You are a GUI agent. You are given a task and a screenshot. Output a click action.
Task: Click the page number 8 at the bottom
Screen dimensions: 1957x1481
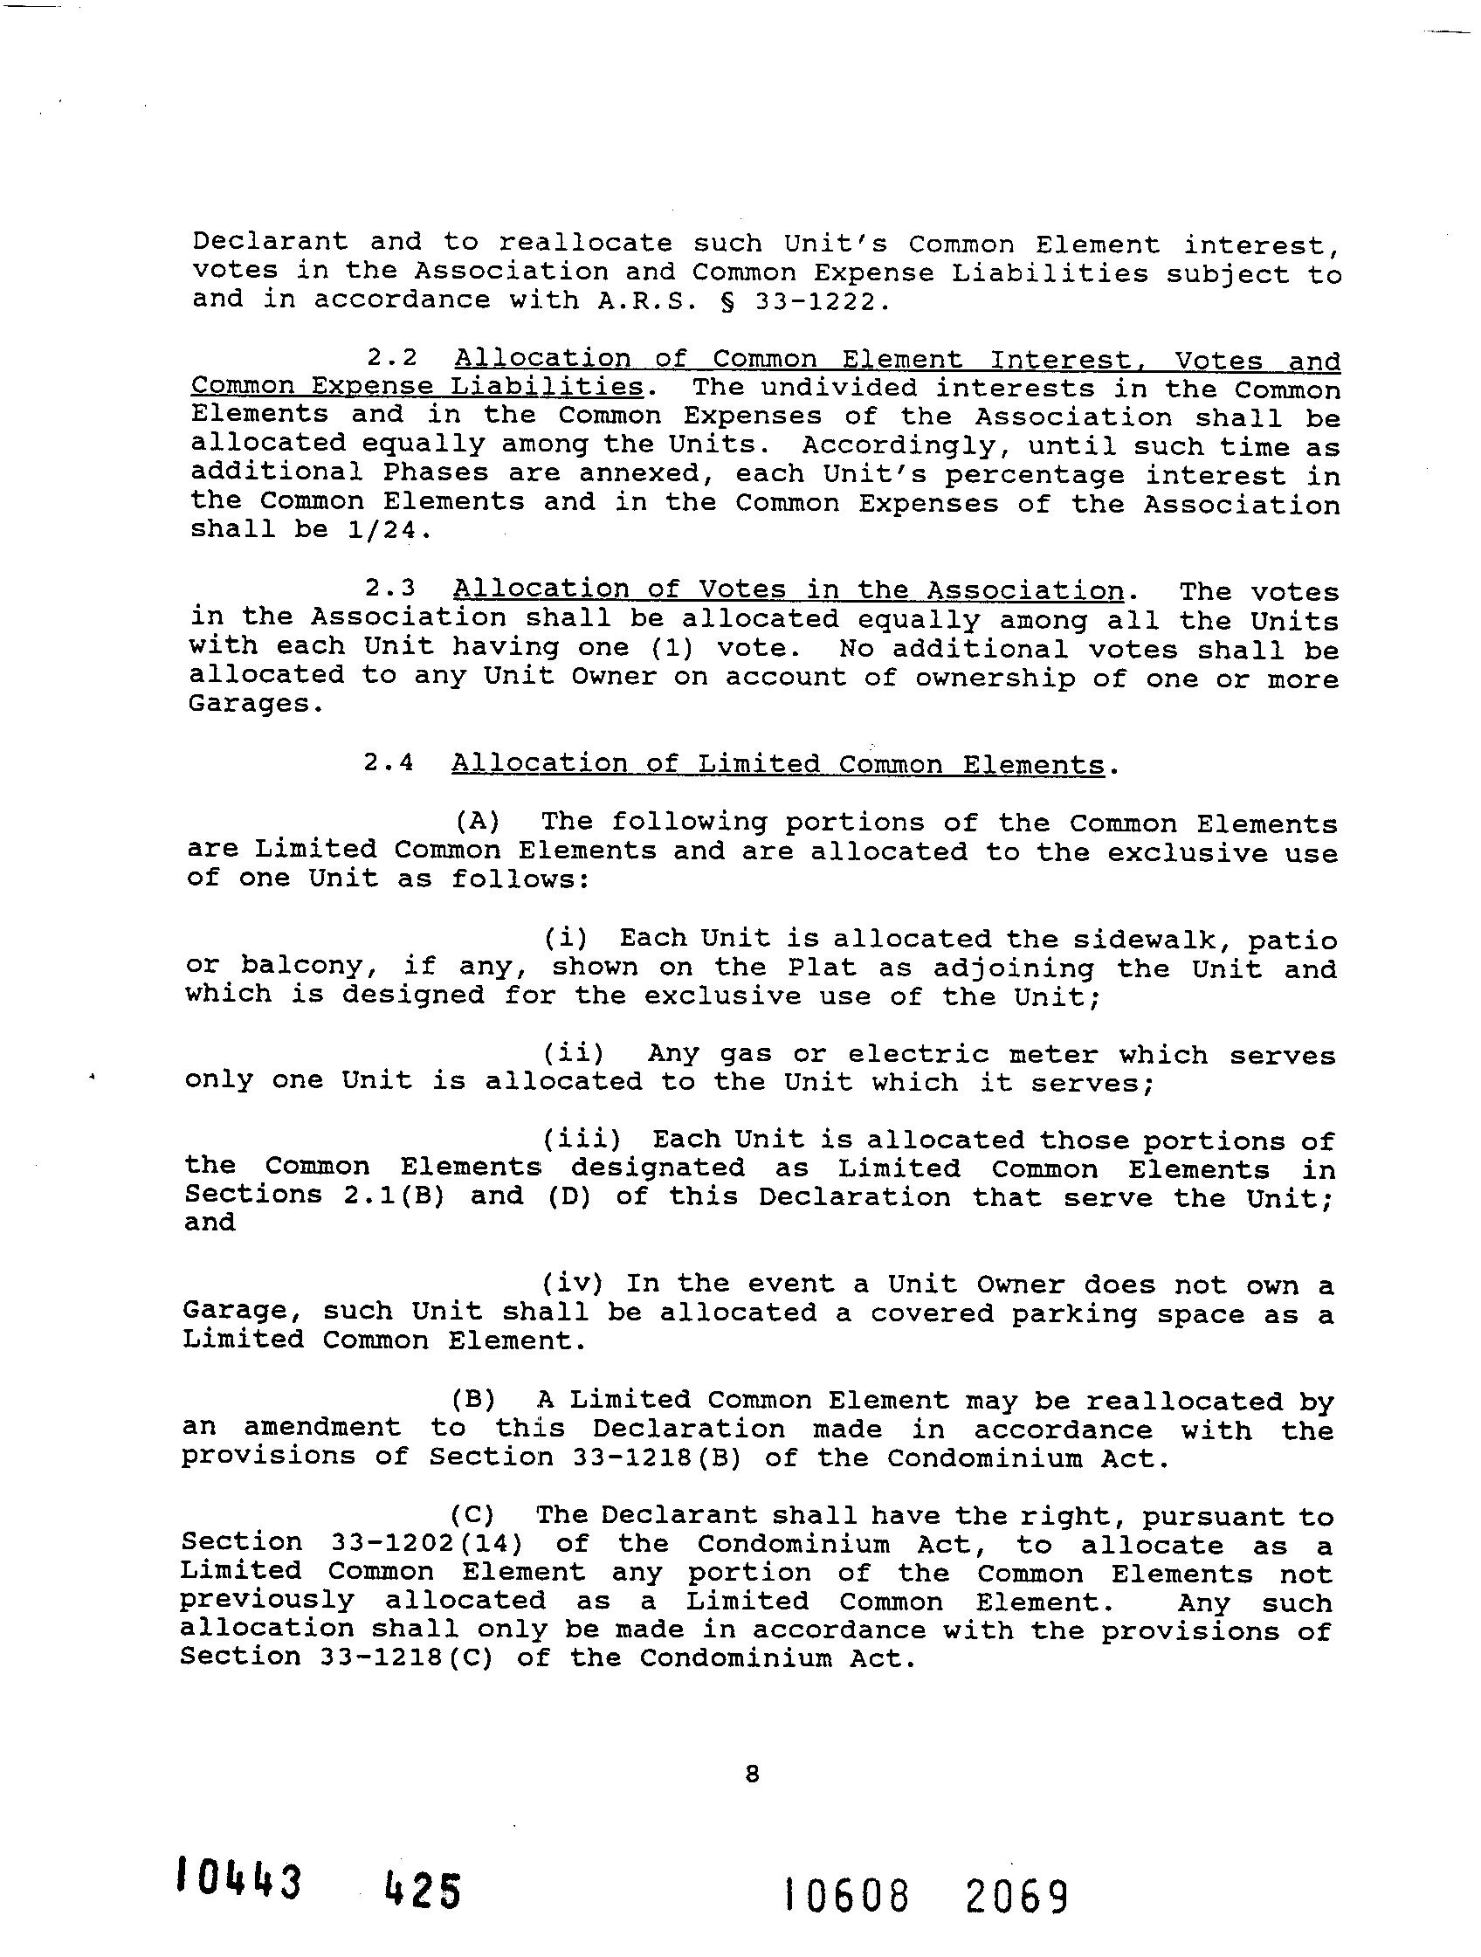(x=752, y=1774)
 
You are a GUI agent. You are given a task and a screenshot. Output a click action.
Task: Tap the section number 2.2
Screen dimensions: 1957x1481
(x=392, y=358)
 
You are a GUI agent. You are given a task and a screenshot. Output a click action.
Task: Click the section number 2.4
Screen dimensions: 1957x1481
(x=389, y=762)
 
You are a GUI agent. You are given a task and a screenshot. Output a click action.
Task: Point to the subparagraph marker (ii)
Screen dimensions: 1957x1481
(x=574, y=1054)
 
